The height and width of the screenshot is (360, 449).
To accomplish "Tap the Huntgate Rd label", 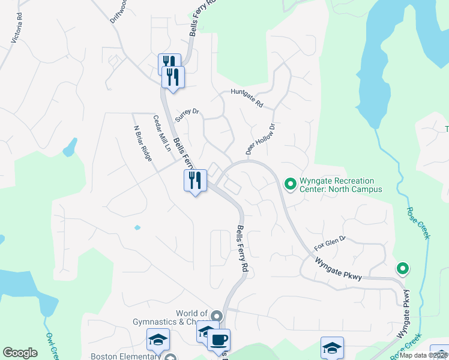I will (x=247, y=98).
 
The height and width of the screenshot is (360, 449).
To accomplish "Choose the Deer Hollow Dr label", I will (x=260, y=139).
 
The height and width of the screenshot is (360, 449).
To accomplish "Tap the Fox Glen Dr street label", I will (x=330, y=243).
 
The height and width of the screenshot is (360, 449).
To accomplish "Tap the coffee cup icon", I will (x=218, y=340).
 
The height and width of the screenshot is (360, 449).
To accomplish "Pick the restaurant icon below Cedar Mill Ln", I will (x=195, y=180).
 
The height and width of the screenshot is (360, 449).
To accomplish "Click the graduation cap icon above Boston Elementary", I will (x=158, y=340).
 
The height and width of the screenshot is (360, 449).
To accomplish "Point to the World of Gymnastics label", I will (x=191, y=318).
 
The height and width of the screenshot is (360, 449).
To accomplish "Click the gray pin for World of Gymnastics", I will (x=217, y=316).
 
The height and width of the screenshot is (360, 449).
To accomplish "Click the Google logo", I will (x=20, y=353).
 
